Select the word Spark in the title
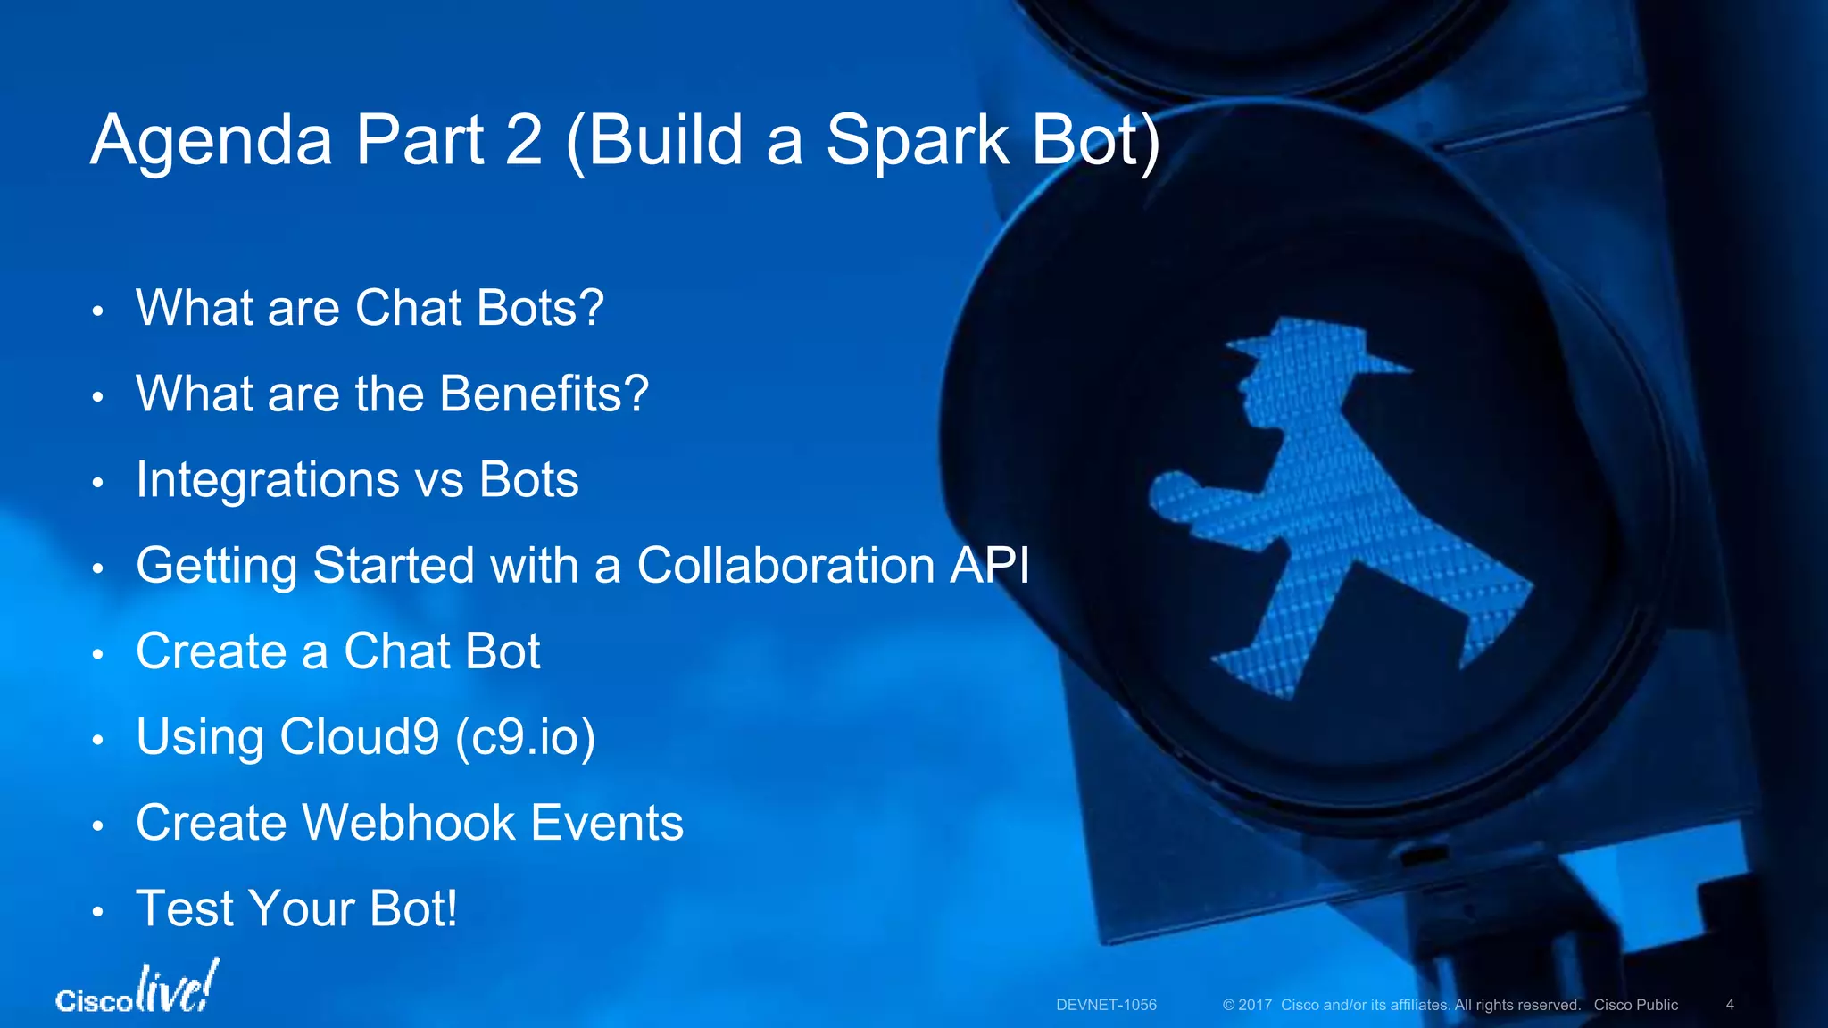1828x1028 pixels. tap(917, 141)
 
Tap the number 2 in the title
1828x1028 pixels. tap(524, 141)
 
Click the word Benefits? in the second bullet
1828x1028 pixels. tap(544, 394)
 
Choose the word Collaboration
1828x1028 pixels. tap(785, 566)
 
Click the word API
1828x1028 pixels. tap(990, 566)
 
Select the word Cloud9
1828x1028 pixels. tap(360, 737)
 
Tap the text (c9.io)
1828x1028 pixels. tap(525, 738)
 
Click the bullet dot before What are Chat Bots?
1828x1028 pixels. tap(98, 311)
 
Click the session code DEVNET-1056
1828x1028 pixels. tap(1106, 1005)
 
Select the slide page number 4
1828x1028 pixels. tap(1730, 1005)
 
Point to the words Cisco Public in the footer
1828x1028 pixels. tap(1636, 1005)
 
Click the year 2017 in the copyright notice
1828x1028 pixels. tap(1255, 1005)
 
